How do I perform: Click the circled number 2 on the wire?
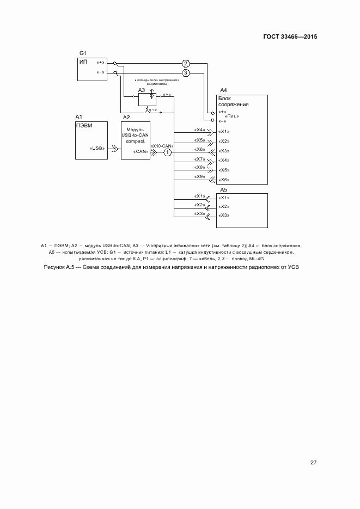pyautogui.click(x=186, y=63)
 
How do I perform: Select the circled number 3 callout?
pyautogui.click(x=186, y=72)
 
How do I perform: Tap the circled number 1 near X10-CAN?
pyautogui.click(x=168, y=153)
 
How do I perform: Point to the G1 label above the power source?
pyautogui.click(x=83, y=53)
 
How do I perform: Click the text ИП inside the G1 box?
pyautogui.click(x=83, y=62)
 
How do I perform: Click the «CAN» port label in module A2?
pyautogui.click(x=142, y=151)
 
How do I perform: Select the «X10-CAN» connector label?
pyautogui.click(x=162, y=146)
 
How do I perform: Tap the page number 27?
pyautogui.click(x=313, y=463)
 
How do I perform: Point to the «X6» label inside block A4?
pyautogui.click(x=223, y=180)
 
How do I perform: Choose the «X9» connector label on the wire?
pyautogui.click(x=199, y=176)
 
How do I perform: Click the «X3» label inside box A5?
pyautogui.click(x=223, y=216)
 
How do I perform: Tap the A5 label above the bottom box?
pyautogui.click(x=223, y=189)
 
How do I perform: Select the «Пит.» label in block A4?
pyautogui.click(x=232, y=116)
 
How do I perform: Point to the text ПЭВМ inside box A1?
pyautogui.click(x=85, y=125)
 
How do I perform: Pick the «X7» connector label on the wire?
pyautogui.click(x=199, y=158)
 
